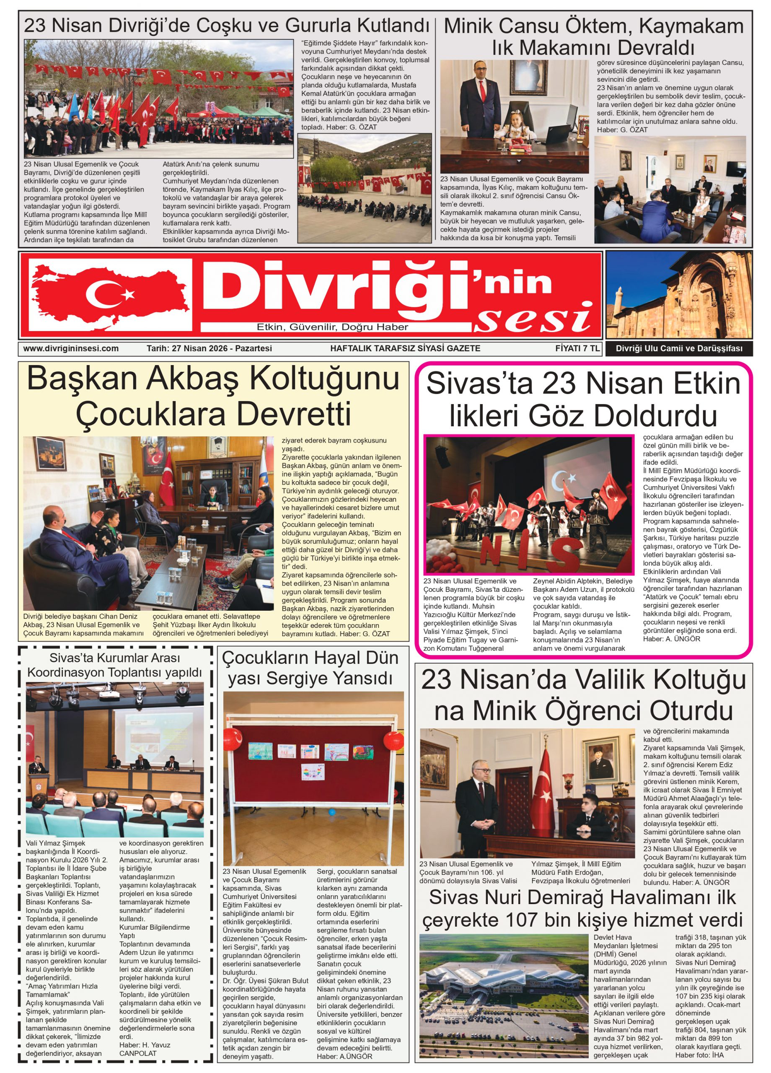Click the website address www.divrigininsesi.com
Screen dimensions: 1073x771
70,349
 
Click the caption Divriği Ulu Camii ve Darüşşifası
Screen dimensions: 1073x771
679,349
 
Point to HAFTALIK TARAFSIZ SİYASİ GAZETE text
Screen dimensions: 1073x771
405,349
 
